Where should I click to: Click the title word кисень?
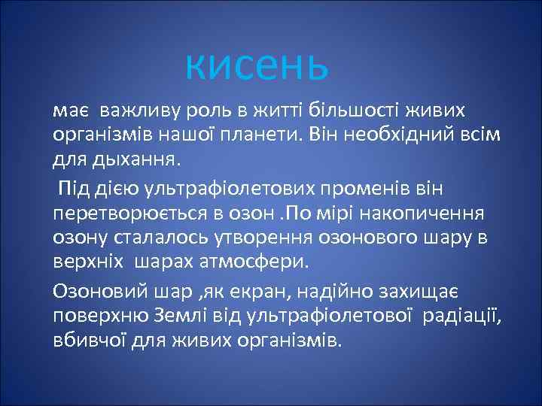[x=257, y=65]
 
